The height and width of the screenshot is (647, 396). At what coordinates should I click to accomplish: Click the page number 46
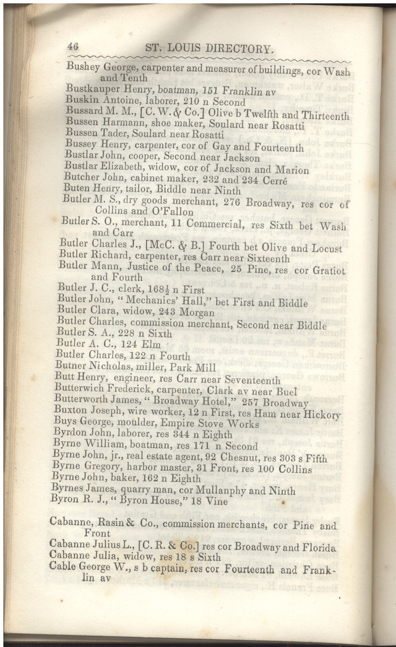click(74, 46)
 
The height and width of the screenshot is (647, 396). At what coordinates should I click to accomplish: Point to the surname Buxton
click(71, 412)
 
